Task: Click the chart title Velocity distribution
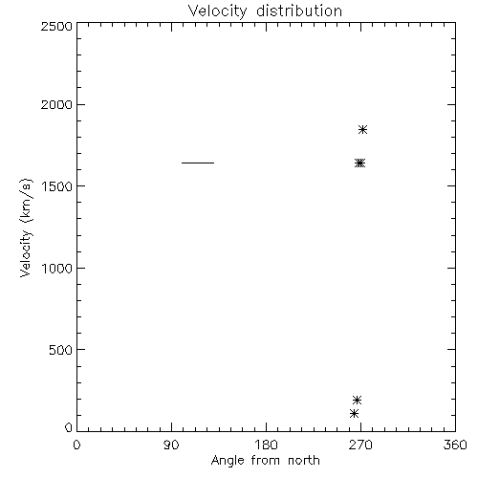(x=265, y=11)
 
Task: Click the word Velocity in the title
(x=217, y=12)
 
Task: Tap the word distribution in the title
(x=299, y=11)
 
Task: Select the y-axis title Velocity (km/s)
(x=26, y=228)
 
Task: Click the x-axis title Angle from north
(x=266, y=461)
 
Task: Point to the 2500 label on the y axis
(x=56, y=26)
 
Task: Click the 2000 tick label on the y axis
(x=56, y=104)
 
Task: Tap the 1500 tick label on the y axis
(x=57, y=186)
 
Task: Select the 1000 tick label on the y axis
(x=57, y=269)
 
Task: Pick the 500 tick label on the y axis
(x=61, y=350)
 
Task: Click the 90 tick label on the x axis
(x=171, y=445)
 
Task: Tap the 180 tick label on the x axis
(x=266, y=445)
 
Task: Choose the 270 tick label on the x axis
(x=360, y=445)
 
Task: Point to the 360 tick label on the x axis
(x=455, y=445)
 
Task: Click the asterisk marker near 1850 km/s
(x=362, y=130)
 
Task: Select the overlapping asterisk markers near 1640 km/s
(x=359, y=163)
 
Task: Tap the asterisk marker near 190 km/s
(x=357, y=400)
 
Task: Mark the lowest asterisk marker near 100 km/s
(x=354, y=414)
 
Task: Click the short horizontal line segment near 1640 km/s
(x=198, y=163)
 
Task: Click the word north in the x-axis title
(x=304, y=461)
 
